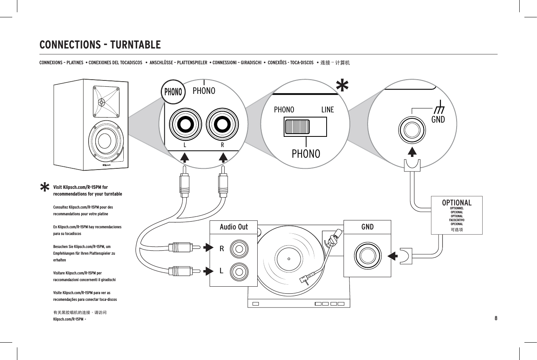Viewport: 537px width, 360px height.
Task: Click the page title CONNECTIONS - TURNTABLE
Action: tap(100, 45)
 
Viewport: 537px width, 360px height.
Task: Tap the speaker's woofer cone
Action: tap(105, 141)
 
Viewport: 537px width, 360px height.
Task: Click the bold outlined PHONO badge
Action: tap(173, 92)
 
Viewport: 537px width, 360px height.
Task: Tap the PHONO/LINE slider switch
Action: tap(305, 127)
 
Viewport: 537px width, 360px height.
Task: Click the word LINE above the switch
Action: tap(327, 110)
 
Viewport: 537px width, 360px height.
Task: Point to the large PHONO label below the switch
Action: tap(306, 154)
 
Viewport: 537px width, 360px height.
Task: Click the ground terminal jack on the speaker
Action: tap(412, 129)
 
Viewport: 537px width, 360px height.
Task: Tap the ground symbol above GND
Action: tap(438, 106)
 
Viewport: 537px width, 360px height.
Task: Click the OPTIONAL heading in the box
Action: tap(457, 203)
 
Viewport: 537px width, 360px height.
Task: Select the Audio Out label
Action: tap(234, 227)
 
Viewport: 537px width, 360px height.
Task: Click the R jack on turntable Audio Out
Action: tap(239, 248)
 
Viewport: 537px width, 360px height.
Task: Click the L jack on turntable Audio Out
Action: tap(239, 271)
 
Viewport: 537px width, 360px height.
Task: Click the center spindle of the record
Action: tap(289, 259)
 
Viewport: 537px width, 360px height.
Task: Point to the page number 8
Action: tap(496, 318)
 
